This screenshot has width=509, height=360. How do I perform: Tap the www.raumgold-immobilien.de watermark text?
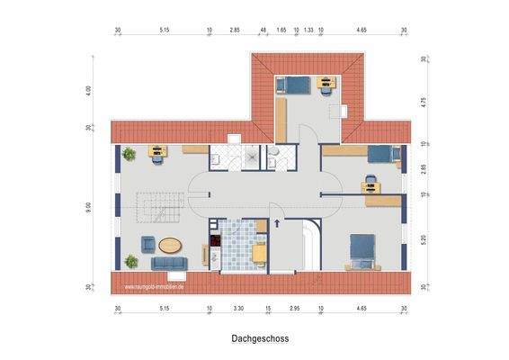(154, 287)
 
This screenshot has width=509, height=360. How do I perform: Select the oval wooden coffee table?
(170, 243)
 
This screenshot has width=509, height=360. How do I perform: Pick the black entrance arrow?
(278, 223)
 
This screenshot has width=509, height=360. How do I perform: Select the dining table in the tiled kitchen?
(260, 252)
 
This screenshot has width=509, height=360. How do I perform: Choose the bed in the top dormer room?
(293, 85)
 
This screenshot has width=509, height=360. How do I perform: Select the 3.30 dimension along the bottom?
(237, 309)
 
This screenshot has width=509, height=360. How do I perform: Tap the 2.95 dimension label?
(294, 309)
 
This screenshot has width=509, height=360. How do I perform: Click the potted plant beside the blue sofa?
(132, 261)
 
